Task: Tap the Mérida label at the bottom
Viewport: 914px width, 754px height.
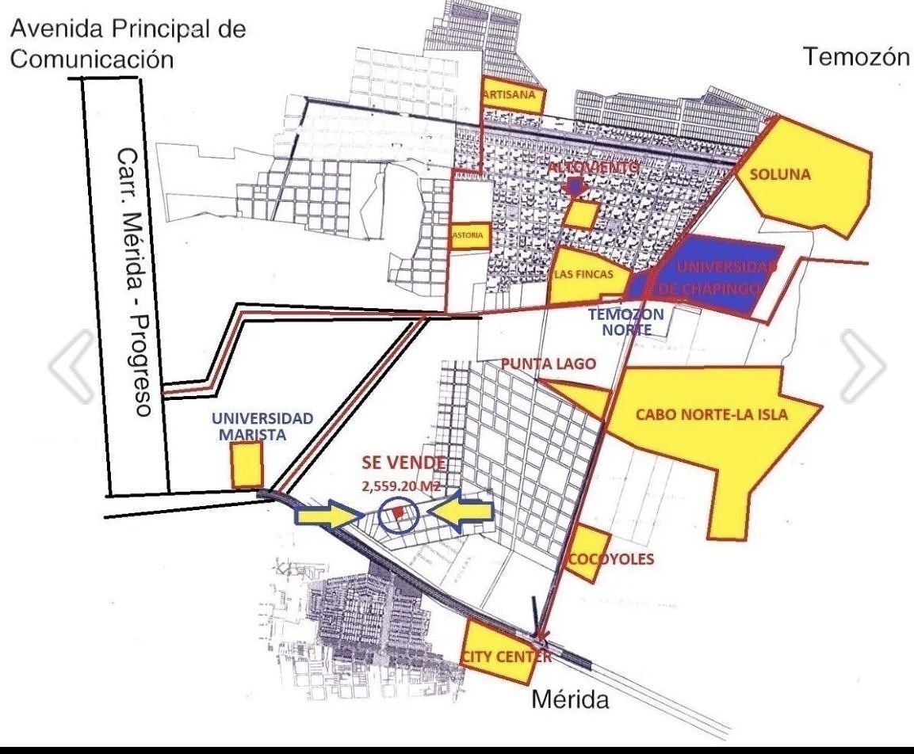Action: point(569,701)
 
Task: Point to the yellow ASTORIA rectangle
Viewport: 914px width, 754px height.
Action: point(468,235)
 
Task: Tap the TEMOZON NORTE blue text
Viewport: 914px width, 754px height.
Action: point(620,321)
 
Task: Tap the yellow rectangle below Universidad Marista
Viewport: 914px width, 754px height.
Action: point(246,465)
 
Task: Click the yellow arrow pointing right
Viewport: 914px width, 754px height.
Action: point(326,516)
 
